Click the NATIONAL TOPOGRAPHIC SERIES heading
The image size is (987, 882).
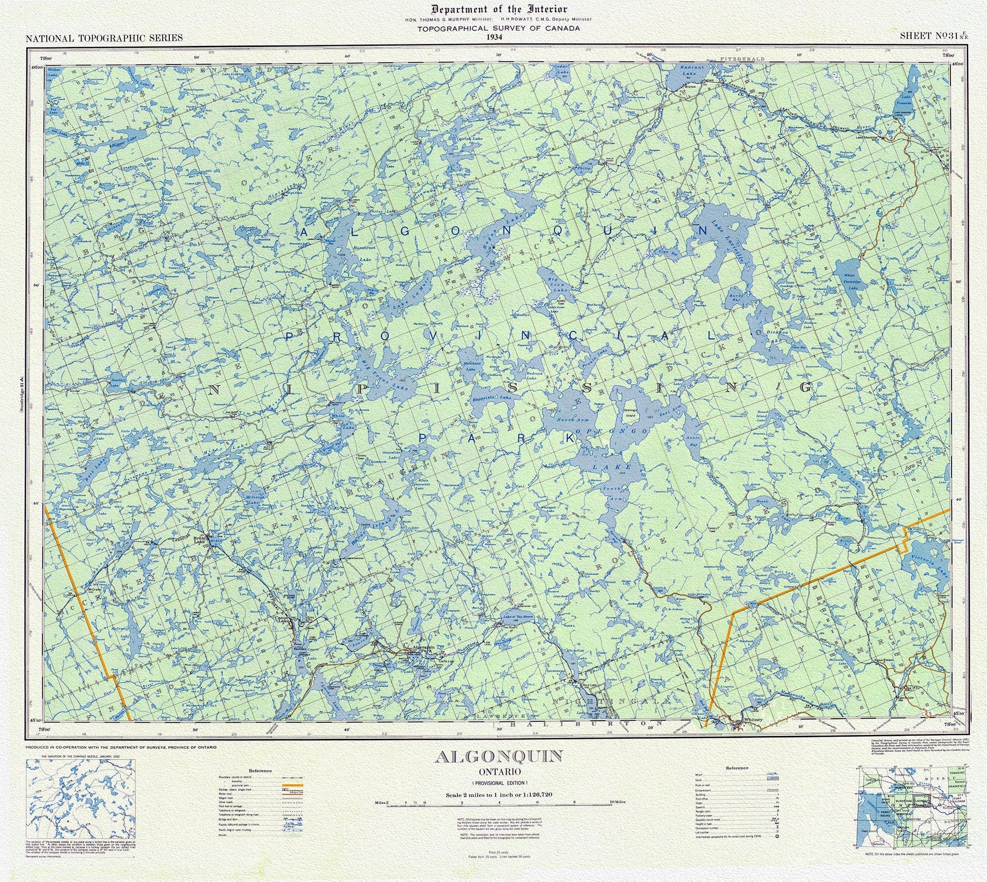coord(104,38)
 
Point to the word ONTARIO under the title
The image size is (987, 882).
coord(499,771)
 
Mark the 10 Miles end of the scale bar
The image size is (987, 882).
coord(618,801)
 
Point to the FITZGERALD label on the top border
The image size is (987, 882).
coord(742,59)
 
